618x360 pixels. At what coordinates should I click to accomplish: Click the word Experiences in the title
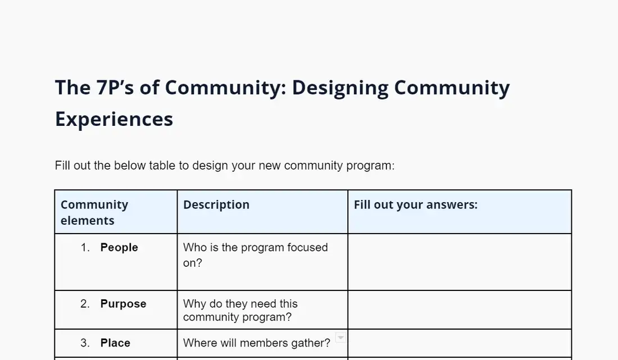tap(114, 119)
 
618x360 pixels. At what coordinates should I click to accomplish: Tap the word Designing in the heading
tap(340, 88)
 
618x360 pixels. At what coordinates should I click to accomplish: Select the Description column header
tap(216, 205)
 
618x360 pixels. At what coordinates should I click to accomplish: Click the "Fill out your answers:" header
tap(415, 205)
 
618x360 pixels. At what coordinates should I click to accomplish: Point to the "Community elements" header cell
tap(94, 212)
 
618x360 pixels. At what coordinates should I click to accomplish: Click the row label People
tap(119, 247)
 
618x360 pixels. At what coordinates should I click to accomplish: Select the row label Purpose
tap(124, 304)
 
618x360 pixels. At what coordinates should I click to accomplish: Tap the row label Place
tap(115, 343)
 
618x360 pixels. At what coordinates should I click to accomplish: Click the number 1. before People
tap(85, 247)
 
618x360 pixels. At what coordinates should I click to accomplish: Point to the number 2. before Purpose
tap(85, 304)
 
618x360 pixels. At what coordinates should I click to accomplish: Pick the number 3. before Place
tap(85, 343)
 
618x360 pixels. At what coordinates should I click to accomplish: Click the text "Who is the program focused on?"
tap(256, 255)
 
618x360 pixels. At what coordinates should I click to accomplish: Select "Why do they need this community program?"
tap(240, 311)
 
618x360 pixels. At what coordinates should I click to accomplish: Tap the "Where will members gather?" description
tap(257, 343)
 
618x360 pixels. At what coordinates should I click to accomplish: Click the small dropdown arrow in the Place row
tap(340, 338)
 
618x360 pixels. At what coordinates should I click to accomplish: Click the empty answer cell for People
tap(460, 262)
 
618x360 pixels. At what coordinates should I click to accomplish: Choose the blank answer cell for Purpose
tap(460, 310)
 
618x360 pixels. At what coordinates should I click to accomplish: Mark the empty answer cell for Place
tap(460, 344)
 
